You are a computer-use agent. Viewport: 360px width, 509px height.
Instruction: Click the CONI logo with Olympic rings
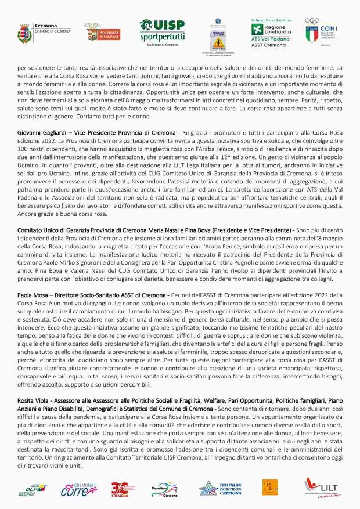click(320, 30)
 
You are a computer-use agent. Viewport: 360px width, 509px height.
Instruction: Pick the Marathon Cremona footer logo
click(165, 489)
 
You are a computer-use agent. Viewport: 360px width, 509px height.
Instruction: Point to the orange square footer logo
click(268, 487)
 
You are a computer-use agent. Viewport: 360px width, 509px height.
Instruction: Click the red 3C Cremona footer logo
click(120, 489)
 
